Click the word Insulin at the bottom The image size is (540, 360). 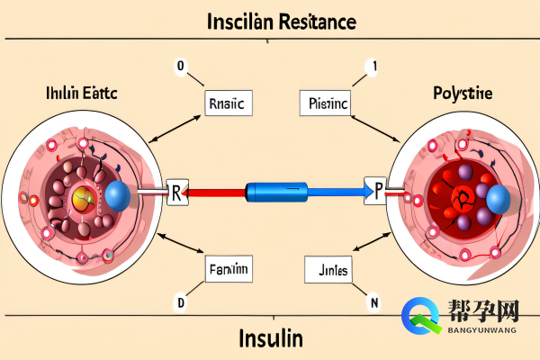click(271, 339)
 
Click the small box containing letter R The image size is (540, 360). click(177, 191)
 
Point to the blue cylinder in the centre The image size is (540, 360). click(277, 190)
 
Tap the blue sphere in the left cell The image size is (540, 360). click(119, 196)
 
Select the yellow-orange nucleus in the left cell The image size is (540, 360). click(84, 199)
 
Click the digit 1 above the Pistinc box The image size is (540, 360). click(369, 66)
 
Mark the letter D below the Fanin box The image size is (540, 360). click(180, 303)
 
